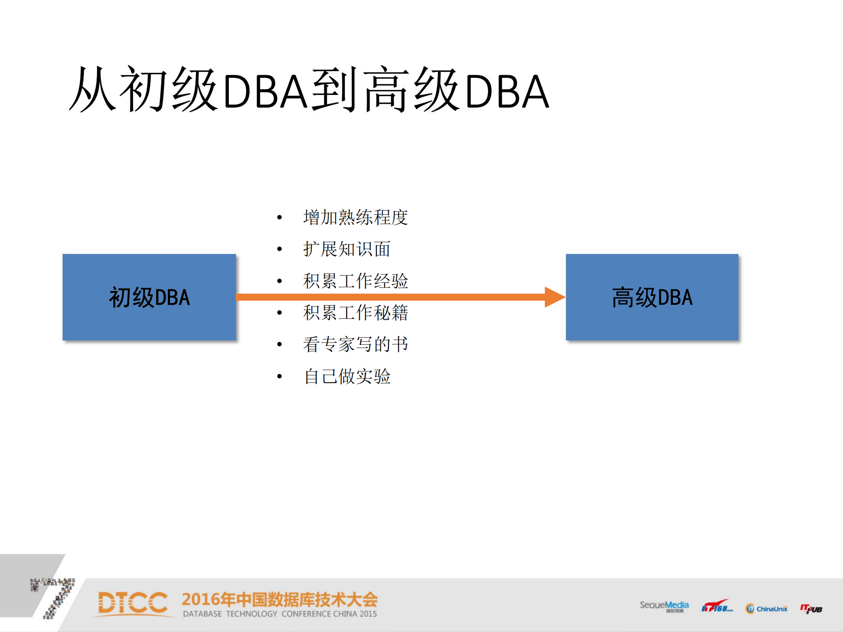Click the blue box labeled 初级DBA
pyautogui.click(x=149, y=297)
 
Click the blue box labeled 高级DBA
pyautogui.click(x=652, y=297)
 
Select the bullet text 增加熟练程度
pyautogui.click(x=355, y=217)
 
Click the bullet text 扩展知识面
pyautogui.click(x=347, y=249)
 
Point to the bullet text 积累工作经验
pyautogui.click(x=355, y=281)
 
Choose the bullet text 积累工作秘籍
pyautogui.click(x=355, y=313)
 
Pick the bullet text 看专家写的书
pyautogui.click(x=355, y=344)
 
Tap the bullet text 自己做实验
pyautogui.click(x=347, y=376)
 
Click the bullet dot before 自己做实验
pyautogui.click(x=279, y=376)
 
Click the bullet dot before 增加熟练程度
pyautogui.click(x=279, y=217)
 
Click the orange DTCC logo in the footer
pyautogui.click(x=133, y=603)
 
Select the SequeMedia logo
pyautogui.click(x=664, y=606)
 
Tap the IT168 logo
pyautogui.click(x=716, y=607)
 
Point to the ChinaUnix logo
pyautogui.click(x=767, y=609)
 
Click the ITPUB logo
pyautogui.click(x=811, y=608)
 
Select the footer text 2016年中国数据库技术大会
pyautogui.click(x=279, y=599)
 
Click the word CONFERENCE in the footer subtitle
pyautogui.click(x=306, y=614)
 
